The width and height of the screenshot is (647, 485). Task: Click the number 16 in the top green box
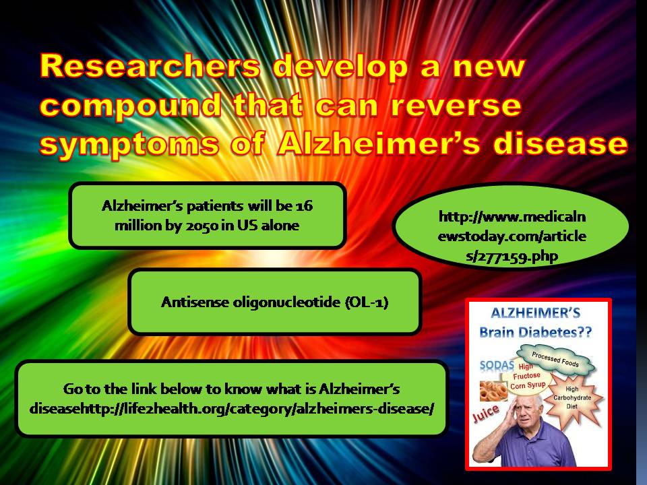click(304, 205)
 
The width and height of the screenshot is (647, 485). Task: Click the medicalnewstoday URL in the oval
click(512, 236)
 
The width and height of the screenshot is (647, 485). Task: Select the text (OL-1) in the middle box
click(367, 302)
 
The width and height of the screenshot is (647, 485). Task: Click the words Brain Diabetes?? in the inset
click(536, 332)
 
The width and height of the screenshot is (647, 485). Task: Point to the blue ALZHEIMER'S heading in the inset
click(536, 313)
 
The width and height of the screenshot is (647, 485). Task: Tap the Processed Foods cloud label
click(555, 359)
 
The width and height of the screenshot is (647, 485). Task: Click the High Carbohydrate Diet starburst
click(572, 397)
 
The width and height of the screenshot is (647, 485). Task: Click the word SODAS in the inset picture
click(497, 365)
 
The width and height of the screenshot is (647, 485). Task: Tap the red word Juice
click(486, 413)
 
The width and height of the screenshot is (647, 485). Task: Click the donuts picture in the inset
click(493, 391)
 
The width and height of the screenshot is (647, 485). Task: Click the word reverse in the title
click(456, 105)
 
